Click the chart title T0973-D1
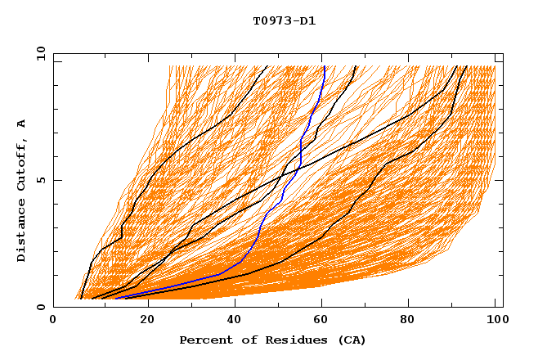tap(284, 21)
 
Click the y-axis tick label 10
tap(40, 53)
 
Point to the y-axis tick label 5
tap(40, 180)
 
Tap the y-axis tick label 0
tap(40, 307)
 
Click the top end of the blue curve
tap(324, 66)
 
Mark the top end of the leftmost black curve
tap(267, 66)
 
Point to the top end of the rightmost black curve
tap(466, 66)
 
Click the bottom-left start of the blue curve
tap(114, 299)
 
